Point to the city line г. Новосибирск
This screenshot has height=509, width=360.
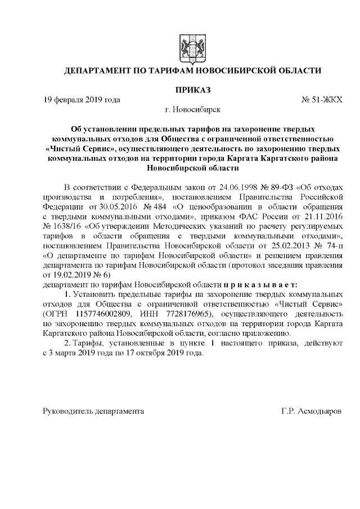189,110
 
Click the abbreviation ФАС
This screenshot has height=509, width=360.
244,215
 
